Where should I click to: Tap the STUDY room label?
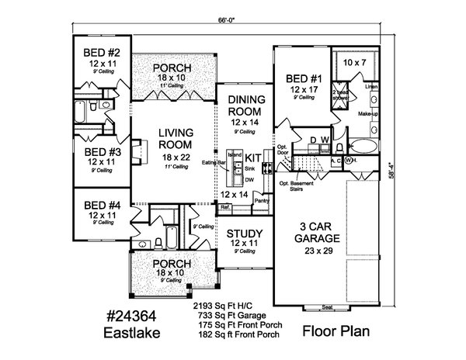click(244, 234)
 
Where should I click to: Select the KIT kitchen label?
click(252, 156)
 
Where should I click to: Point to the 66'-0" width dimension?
click(228, 23)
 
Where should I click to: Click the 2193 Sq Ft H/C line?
click(227, 306)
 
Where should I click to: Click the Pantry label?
click(261, 200)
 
